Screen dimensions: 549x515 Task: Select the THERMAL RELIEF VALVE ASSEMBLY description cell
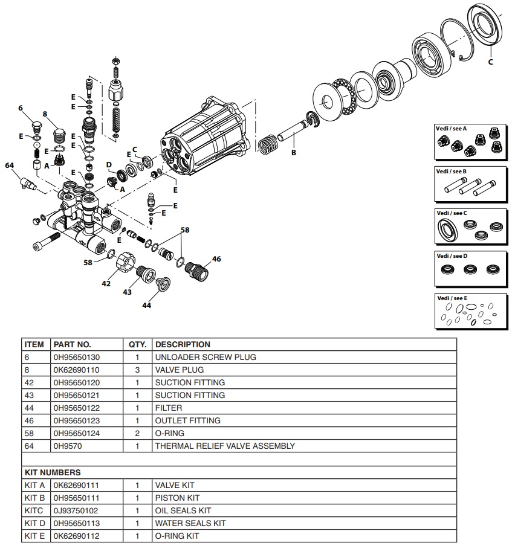pos(225,446)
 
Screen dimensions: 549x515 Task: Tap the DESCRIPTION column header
pos(183,344)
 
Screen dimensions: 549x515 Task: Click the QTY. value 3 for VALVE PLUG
pos(137,370)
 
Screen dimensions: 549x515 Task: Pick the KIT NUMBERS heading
pos(53,472)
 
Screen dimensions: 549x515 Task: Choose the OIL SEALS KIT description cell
pos(183,510)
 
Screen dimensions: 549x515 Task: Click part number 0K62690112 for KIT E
pos(77,536)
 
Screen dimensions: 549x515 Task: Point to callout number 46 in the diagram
pos(216,259)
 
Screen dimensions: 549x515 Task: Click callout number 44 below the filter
pos(146,306)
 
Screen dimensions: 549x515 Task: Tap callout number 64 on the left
pos(9,165)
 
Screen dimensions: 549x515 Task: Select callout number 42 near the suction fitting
pos(106,283)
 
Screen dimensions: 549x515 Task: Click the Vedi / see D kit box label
pos(452,256)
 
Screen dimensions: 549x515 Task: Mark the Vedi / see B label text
pos(452,172)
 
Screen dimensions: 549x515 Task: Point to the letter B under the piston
pos(294,153)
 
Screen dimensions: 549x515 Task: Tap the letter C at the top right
pos(490,62)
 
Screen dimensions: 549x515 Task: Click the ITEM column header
pos(34,344)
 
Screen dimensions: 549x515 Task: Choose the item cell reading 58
pos(29,433)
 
